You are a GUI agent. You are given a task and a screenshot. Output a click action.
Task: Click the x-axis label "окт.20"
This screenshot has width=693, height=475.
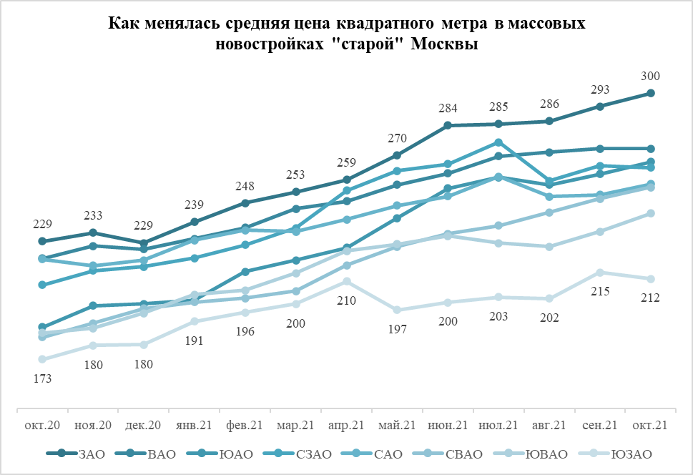42,425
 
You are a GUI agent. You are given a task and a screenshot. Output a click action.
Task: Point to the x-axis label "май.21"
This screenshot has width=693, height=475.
398,425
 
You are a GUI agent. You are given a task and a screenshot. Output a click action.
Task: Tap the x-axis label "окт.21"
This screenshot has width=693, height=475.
651,425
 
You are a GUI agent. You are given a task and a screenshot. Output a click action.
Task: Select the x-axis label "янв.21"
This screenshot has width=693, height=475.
195,425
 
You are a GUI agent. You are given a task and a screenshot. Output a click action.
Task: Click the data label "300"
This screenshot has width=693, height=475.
651,77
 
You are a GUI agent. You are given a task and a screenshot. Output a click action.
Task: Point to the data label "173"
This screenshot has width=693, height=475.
42,379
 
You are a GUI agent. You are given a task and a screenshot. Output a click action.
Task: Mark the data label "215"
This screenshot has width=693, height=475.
600,292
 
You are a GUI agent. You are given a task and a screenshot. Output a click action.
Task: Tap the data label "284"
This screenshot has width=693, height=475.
448,109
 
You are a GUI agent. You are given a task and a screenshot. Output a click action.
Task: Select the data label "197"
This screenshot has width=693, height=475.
398,330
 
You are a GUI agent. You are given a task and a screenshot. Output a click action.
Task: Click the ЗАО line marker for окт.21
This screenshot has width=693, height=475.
651,93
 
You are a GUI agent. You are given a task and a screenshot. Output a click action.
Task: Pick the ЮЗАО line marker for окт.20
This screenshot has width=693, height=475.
42,359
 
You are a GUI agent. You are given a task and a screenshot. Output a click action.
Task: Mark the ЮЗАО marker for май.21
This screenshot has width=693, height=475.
398,310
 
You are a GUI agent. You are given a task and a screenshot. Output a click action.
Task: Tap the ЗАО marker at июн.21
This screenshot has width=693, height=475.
448,125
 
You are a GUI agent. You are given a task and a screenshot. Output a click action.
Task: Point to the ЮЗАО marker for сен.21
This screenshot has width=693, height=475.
600,272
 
